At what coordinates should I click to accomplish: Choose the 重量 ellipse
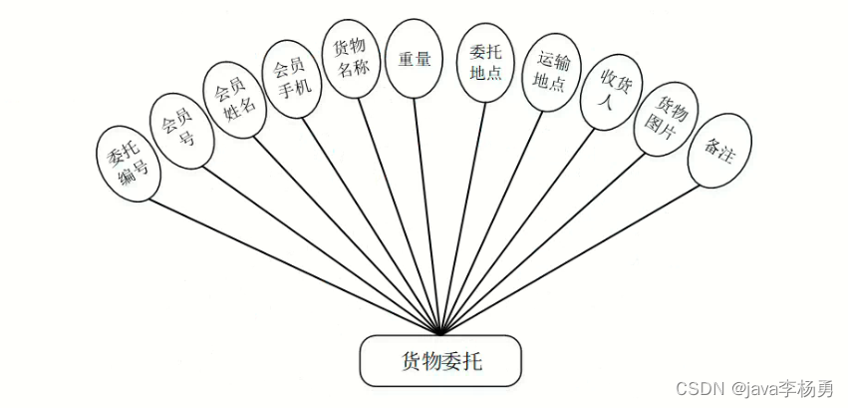tap(414, 60)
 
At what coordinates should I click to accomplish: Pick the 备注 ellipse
tap(718, 151)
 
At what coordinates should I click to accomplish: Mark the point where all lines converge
tap(440, 333)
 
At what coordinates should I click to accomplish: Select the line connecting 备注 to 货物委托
tap(568, 258)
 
